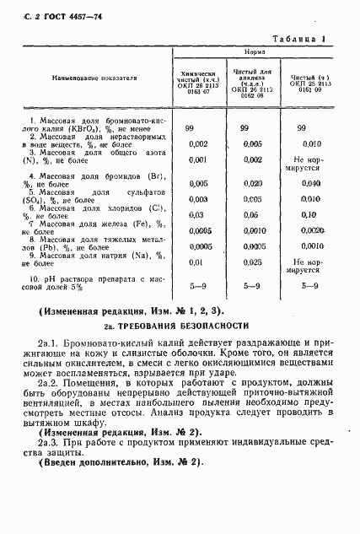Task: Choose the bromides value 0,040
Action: (x=311, y=183)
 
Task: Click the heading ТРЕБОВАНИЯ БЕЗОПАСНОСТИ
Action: (x=195, y=324)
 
